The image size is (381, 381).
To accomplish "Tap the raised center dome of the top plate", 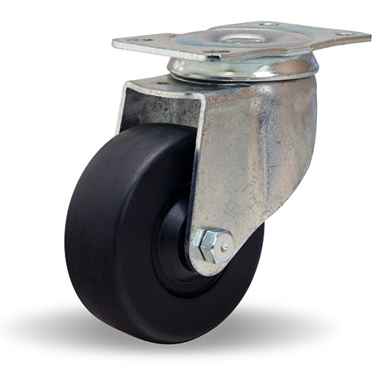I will pos(242,37).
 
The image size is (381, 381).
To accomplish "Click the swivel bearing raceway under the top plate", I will pos(244,68).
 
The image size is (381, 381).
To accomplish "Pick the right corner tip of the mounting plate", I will pos(369,34).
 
